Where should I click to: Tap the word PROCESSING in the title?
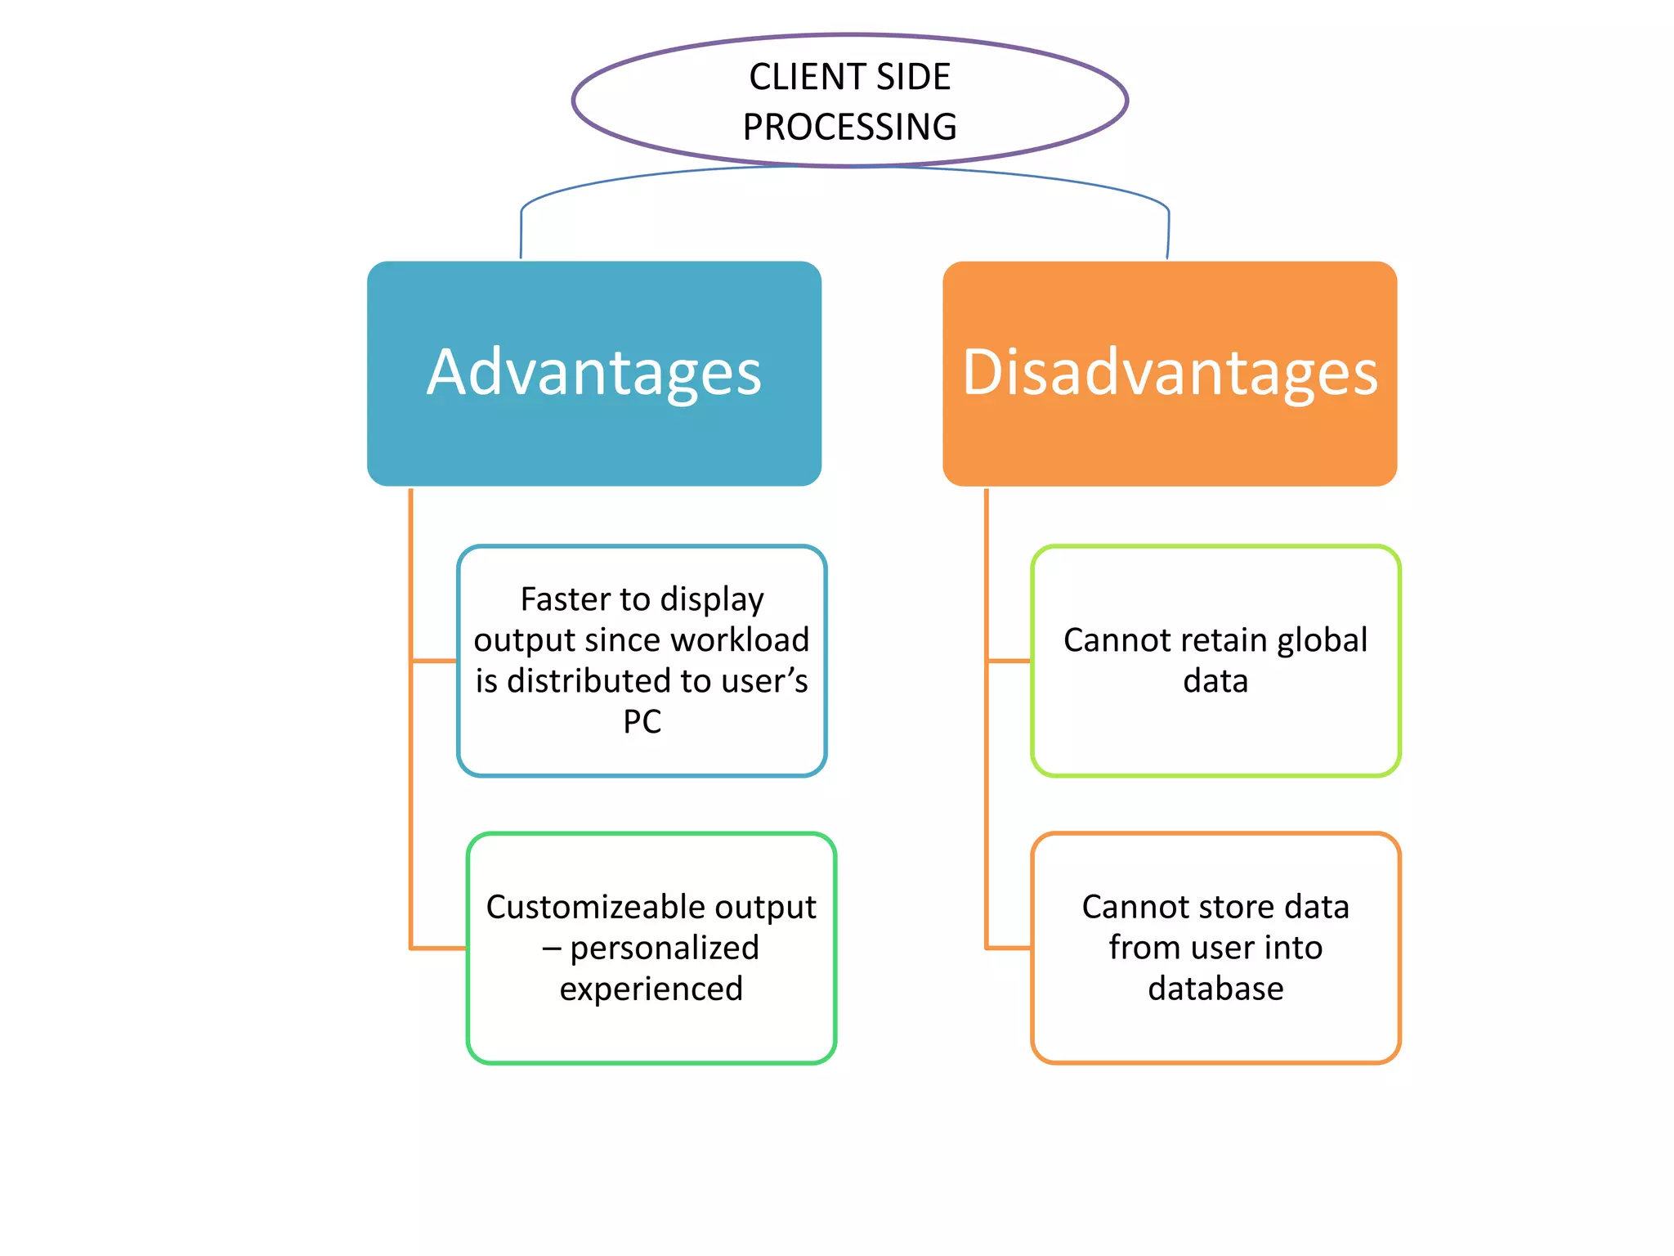point(849,128)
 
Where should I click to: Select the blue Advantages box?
point(594,374)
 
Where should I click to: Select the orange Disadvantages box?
point(1170,374)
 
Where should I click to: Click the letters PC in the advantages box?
point(642,722)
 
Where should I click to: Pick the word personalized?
point(664,949)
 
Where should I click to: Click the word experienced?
point(651,989)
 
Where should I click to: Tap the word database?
point(1215,989)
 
